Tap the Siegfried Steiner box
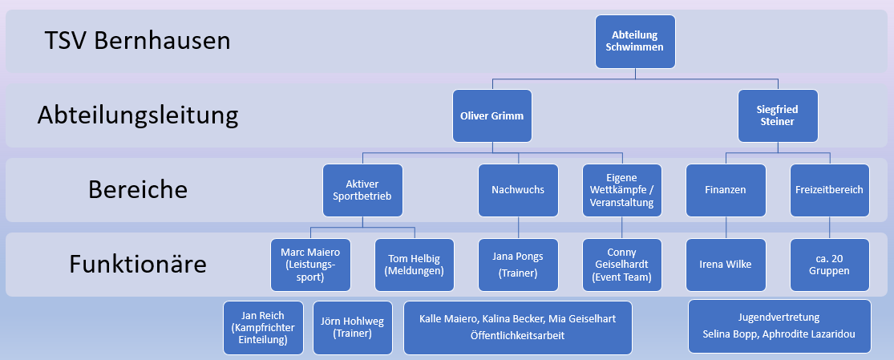pyautogui.click(x=777, y=116)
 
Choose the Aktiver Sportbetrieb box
pyautogui.click(x=362, y=191)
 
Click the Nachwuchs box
pyautogui.click(x=517, y=191)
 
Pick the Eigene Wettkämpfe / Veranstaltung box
pyautogui.click(x=622, y=191)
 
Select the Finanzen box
pyautogui.click(x=726, y=191)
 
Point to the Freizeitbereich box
pyautogui.click(x=830, y=191)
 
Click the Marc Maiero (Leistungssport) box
pyautogui.click(x=310, y=265)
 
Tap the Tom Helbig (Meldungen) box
pyautogui.click(x=414, y=265)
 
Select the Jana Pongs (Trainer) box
pyautogui.click(x=517, y=265)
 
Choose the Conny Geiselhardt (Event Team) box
pyautogui.click(x=622, y=265)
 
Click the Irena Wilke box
pyautogui.click(x=726, y=265)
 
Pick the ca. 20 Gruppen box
pyautogui.click(x=830, y=265)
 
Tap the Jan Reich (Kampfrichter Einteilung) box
pyautogui.click(x=264, y=328)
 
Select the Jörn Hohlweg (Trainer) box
pyautogui.click(x=353, y=328)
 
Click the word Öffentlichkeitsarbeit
pyautogui.click(x=517, y=336)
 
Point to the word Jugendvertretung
pyautogui.click(x=779, y=317)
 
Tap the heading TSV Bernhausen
pyautogui.click(x=138, y=40)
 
